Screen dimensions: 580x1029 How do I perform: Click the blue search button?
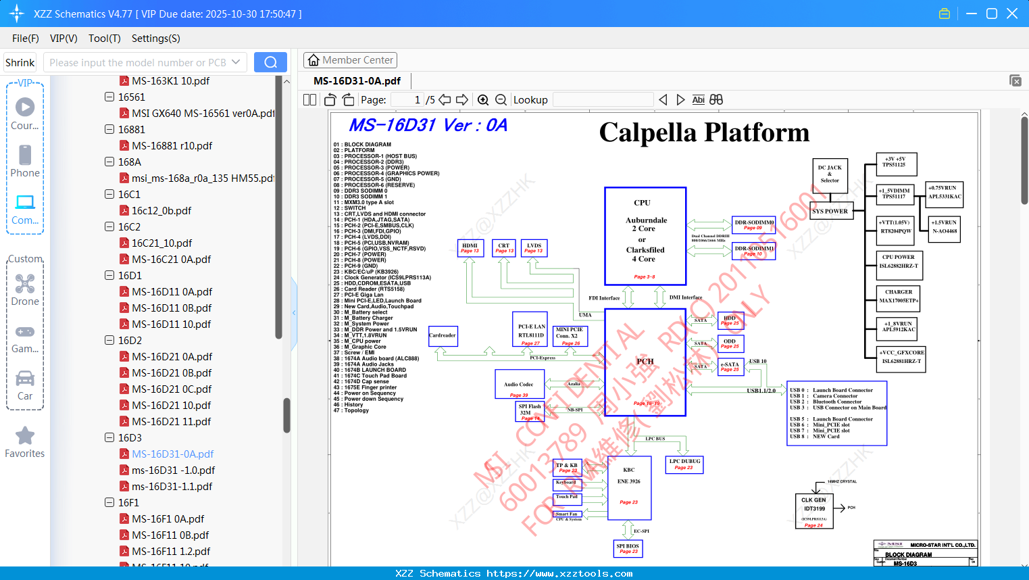[x=270, y=62]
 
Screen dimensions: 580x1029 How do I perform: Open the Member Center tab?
[x=350, y=60]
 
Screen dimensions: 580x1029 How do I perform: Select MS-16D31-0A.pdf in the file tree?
[x=172, y=454]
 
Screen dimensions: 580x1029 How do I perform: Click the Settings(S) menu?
[x=155, y=39]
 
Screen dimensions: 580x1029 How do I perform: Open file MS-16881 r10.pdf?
[x=172, y=146]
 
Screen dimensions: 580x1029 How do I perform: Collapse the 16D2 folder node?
[x=109, y=340]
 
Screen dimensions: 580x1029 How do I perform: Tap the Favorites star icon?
[x=25, y=436]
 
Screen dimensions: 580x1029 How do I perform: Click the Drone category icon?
[x=25, y=284]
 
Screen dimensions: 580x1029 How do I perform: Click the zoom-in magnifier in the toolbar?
[x=483, y=100]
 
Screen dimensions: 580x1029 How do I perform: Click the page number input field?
[x=408, y=100]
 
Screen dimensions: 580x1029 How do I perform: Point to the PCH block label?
[x=645, y=362]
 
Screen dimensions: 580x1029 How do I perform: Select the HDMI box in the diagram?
[x=470, y=248]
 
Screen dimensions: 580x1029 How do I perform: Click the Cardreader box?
[x=443, y=335]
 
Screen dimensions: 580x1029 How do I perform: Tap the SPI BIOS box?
[x=628, y=548]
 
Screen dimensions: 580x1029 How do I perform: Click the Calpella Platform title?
[x=704, y=132]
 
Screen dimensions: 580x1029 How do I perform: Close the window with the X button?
[x=1012, y=14]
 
